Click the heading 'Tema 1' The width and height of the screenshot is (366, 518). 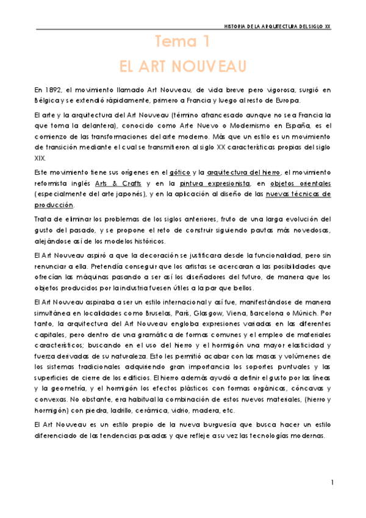coord(182,42)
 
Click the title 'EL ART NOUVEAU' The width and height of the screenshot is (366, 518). coord(182,65)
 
